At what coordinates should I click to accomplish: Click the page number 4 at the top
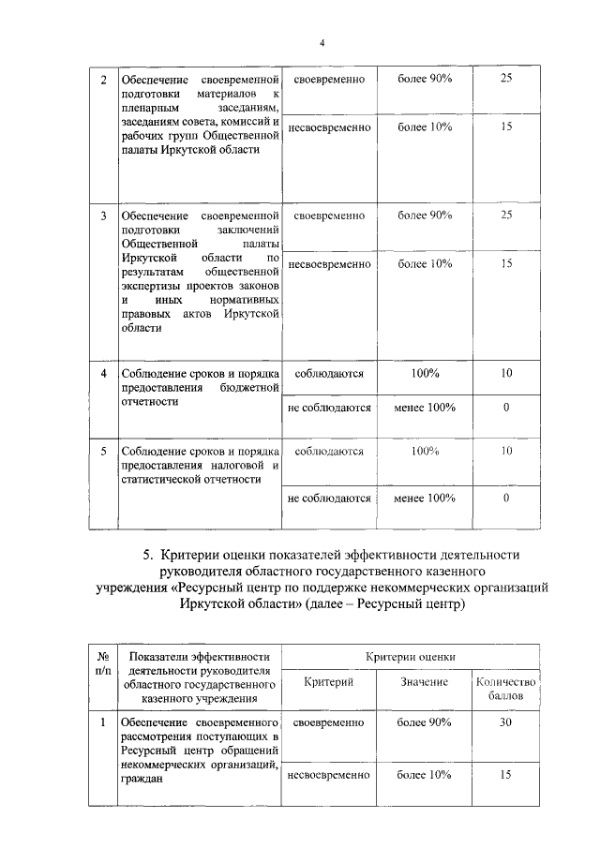click(x=322, y=41)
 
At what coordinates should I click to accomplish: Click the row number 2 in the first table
click(x=103, y=78)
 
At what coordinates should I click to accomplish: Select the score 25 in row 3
click(x=505, y=216)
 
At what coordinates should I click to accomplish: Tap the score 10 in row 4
click(x=505, y=373)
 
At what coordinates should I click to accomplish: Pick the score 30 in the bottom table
click(x=505, y=723)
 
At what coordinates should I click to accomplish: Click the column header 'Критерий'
click(x=328, y=682)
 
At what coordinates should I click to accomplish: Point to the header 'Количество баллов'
click(x=505, y=689)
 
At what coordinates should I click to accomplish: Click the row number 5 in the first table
click(x=103, y=451)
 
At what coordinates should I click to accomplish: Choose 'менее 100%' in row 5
click(x=425, y=498)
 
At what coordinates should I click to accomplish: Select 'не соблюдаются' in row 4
click(x=330, y=408)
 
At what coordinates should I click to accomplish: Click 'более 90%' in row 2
click(x=425, y=78)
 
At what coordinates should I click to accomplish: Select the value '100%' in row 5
click(x=425, y=451)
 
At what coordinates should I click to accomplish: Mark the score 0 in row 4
click(x=505, y=408)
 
